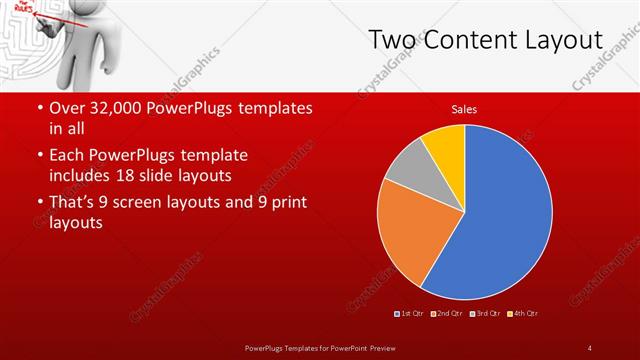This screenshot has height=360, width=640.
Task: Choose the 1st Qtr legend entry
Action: click(x=409, y=314)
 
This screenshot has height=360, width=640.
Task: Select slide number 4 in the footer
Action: click(x=589, y=347)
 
